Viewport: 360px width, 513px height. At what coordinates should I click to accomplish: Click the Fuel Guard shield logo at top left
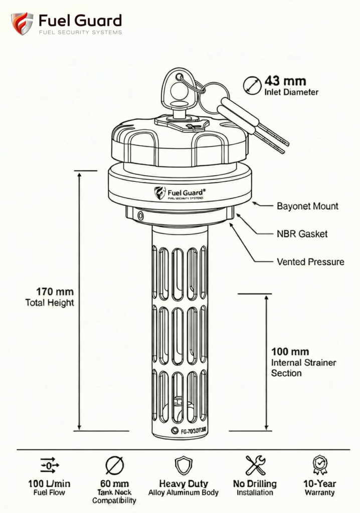(22, 24)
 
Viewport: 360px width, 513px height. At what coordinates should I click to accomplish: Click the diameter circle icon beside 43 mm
(252, 86)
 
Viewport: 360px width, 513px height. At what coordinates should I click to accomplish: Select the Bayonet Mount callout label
(307, 206)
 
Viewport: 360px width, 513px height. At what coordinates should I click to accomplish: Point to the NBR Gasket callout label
(302, 233)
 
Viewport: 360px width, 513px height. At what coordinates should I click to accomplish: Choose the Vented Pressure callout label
(310, 262)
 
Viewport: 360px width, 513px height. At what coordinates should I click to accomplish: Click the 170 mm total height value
(55, 292)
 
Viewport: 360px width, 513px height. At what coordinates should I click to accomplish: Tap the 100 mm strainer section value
(290, 352)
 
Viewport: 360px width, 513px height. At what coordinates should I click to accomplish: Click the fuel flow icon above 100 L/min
(49, 466)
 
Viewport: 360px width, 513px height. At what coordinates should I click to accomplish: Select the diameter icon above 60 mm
(114, 466)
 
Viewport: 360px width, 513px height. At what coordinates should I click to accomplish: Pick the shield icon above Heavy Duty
(184, 465)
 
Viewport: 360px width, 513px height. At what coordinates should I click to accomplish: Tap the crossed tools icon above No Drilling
(255, 465)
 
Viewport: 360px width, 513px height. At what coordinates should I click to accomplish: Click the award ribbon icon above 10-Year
(319, 465)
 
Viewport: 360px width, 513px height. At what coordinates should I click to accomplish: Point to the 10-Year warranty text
(320, 484)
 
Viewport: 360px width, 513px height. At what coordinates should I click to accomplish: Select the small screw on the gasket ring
(140, 215)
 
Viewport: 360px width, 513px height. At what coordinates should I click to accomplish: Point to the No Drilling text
(255, 484)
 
